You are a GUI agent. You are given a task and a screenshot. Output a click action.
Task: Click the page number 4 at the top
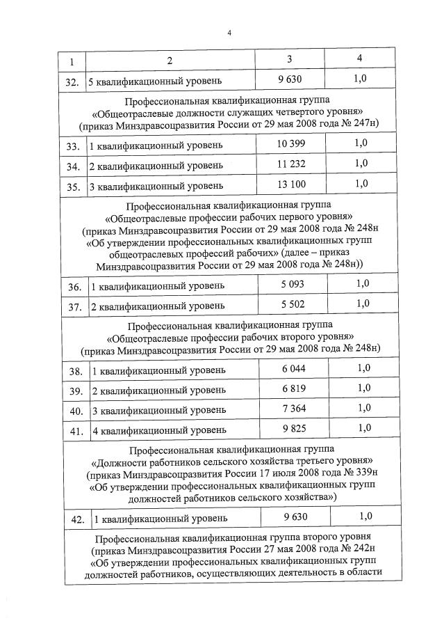pos(229,32)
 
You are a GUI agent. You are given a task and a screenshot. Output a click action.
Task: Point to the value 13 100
pos(291,184)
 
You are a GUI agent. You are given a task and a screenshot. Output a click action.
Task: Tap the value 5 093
pos(293,284)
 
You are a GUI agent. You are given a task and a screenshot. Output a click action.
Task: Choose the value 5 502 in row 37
pos(293,304)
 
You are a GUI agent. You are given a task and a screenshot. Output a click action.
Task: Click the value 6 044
pos(293,368)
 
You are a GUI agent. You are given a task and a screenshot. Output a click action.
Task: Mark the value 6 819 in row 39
pos(293,388)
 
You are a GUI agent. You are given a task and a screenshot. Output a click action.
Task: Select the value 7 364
pos(293,409)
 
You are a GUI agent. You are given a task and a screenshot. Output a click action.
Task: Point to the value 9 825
pos(293,429)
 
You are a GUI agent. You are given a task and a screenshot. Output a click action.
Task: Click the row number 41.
pos(76,432)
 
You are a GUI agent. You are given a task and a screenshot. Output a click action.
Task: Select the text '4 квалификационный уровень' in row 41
pos(159,431)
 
